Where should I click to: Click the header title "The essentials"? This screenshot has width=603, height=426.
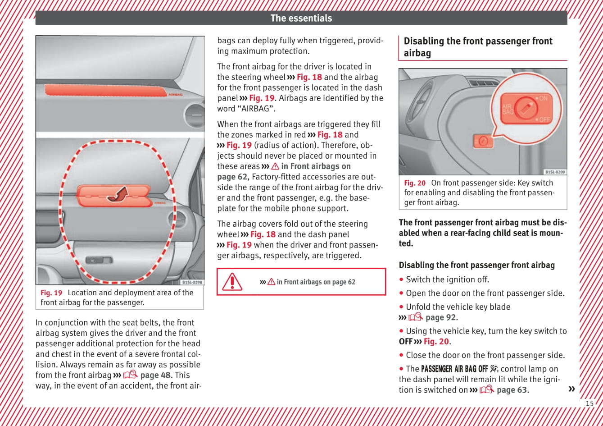coord(301,18)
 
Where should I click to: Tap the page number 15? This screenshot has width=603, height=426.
coord(589,403)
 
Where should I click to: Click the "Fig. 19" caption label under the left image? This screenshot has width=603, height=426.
coord(51,293)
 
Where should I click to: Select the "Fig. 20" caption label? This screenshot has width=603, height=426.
coord(414,183)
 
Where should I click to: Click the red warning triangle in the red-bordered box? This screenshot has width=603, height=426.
coord(232,282)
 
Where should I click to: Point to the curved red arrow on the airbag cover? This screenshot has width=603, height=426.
coord(118,195)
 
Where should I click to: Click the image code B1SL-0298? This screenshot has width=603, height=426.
coord(192,282)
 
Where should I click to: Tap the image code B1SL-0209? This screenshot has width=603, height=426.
coord(555,172)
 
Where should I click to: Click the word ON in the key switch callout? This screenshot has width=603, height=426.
coord(544,98)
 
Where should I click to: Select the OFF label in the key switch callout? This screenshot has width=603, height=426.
coord(545,119)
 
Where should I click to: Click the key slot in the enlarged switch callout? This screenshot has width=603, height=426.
coord(525,108)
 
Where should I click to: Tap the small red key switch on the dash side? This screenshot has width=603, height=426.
coord(483,141)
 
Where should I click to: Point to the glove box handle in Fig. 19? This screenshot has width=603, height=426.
coord(99,260)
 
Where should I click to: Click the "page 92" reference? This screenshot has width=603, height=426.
coord(440,317)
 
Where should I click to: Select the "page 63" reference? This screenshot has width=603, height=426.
coord(512,390)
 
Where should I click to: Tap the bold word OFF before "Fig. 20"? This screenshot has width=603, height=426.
coord(405,342)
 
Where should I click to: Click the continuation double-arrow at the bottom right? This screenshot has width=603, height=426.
coord(572,389)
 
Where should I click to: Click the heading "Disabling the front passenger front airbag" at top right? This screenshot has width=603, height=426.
coord(478,47)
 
